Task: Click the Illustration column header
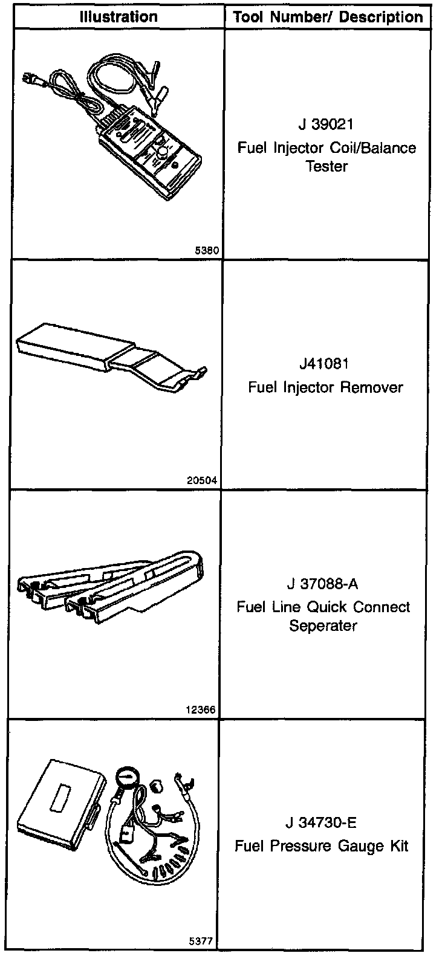(x=119, y=17)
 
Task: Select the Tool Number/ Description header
(x=328, y=17)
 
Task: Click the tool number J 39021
(x=326, y=124)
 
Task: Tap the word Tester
(x=326, y=166)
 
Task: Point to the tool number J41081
(x=326, y=364)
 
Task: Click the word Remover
(x=371, y=387)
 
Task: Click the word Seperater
(x=323, y=625)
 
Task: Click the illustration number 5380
(x=206, y=250)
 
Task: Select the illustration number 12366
(x=202, y=710)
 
